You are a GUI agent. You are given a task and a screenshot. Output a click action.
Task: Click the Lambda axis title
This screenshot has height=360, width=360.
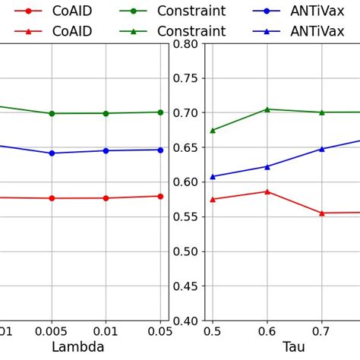point(77,347)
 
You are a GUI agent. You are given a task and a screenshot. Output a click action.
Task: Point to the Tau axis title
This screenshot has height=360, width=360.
point(293,347)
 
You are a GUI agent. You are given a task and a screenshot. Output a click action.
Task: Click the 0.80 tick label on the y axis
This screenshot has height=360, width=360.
point(185,43)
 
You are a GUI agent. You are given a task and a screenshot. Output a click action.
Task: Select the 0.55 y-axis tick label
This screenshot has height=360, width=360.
point(185,217)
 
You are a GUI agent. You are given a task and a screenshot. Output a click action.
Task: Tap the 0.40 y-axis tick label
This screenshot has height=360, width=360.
point(185,321)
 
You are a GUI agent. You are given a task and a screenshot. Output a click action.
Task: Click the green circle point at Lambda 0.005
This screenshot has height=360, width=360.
point(52,113)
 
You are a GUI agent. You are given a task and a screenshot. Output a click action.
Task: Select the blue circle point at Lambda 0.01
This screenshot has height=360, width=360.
point(106,150)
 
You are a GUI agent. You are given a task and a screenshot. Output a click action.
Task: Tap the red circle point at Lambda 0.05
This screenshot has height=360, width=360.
point(160,196)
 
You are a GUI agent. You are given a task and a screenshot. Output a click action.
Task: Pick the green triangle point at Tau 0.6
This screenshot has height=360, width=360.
point(267,109)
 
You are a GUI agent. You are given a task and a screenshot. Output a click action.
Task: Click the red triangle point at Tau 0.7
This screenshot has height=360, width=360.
point(321,213)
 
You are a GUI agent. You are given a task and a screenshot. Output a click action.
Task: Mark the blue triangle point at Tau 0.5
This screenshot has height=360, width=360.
point(213,176)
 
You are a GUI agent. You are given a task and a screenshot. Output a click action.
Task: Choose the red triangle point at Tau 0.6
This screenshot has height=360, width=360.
point(267,191)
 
